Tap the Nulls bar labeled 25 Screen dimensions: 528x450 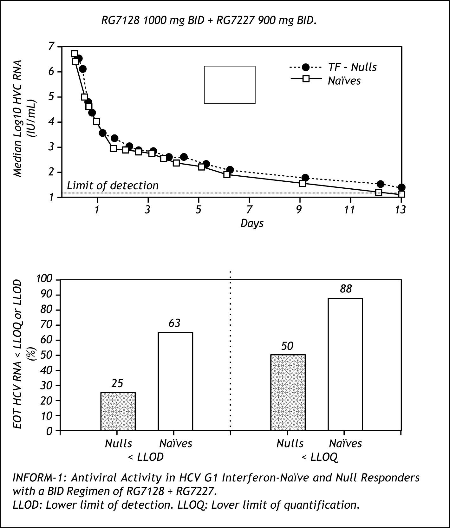coord(118,411)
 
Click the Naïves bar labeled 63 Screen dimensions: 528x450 coord(175,381)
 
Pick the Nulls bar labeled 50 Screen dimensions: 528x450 coord(288,392)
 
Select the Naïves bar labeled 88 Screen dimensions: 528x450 coord(345,364)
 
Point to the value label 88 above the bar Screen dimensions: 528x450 coord(346,289)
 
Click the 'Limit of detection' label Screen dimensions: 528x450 coord(113,186)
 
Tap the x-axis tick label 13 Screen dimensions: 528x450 coord(400,210)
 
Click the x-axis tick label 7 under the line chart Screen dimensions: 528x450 coord(250,210)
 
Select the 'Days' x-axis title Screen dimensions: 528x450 coord(252,223)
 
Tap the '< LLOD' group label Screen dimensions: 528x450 coord(145,457)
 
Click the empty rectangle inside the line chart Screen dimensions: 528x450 coord(230,85)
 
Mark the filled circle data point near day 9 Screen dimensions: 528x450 coord(305,178)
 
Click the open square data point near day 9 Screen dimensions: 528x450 coord(302,183)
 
